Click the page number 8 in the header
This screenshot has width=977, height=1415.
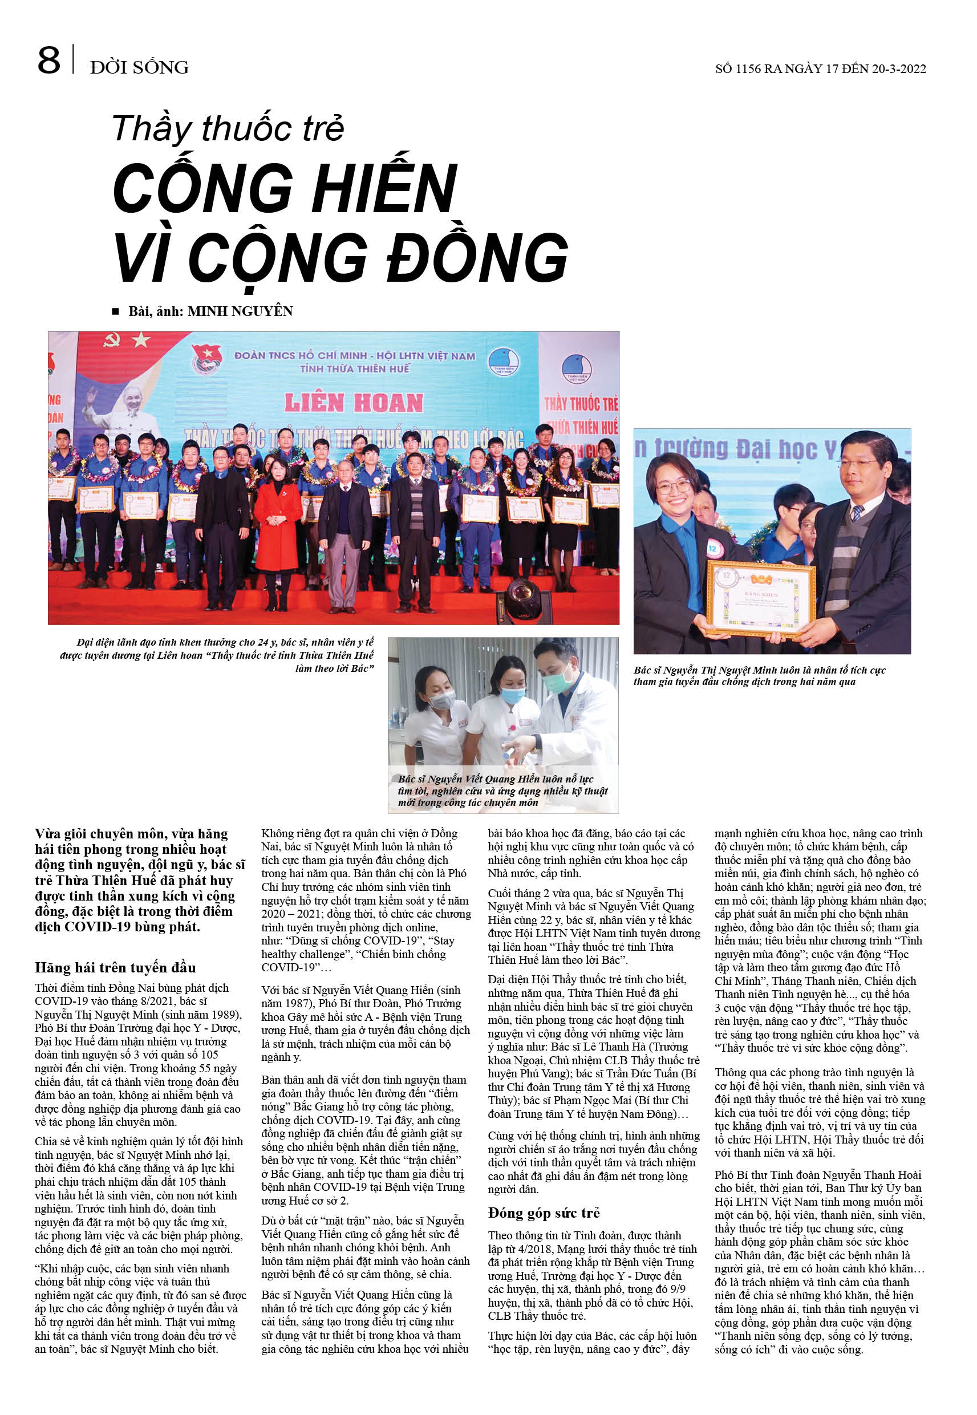(x=49, y=60)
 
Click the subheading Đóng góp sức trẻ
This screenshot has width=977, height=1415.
(x=544, y=1213)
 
